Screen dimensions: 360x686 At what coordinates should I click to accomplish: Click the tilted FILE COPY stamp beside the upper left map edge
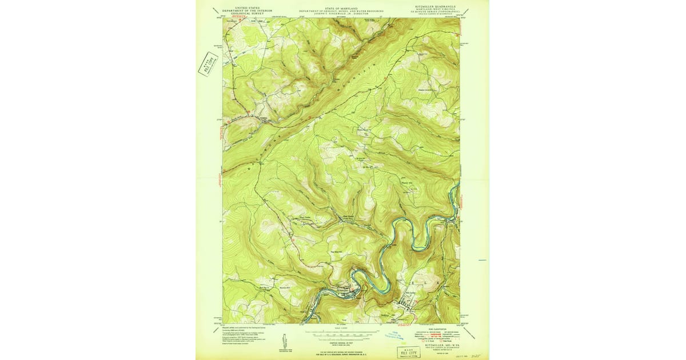click(208, 64)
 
